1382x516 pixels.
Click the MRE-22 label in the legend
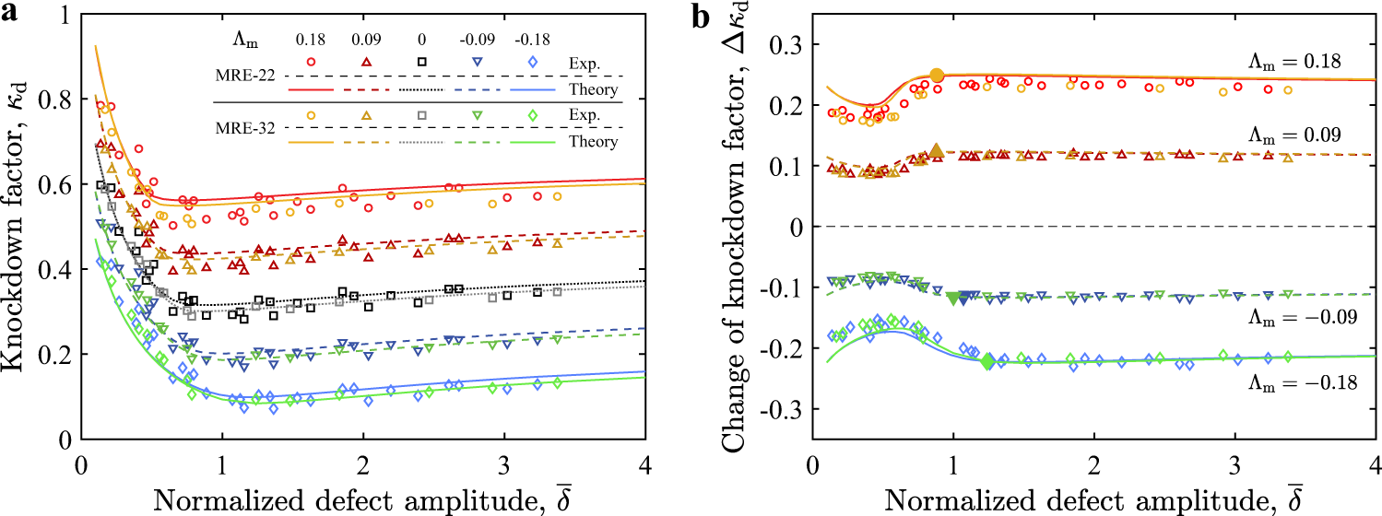247,76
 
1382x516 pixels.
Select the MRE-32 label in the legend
247,127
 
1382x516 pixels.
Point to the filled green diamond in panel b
987,361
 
